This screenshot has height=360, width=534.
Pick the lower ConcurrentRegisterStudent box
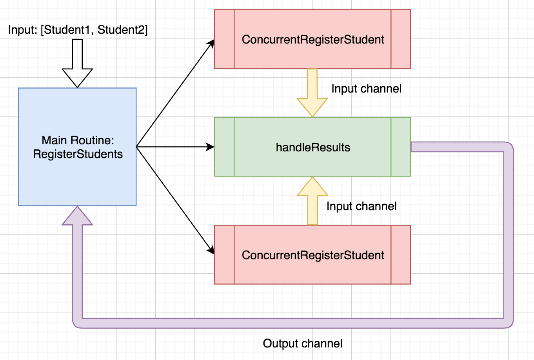pyautogui.click(x=312, y=271)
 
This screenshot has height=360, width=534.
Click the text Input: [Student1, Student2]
pyautogui.click(x=78, y=30)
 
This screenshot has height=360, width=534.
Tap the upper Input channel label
pyautogui.click(x=366, y=89)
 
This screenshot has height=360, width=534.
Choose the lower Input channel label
pyautogui.click(x=361, y=206)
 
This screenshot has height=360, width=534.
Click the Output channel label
pyautogui.click(x=303, y=344)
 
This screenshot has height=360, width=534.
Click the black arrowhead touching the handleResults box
pyautogui.click(x=210, y=147)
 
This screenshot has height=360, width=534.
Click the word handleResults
pyautogui.click(x=313, y=147)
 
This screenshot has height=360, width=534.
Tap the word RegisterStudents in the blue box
pyautogui.click(x=78, y=154)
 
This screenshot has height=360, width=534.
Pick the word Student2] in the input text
pyautogui.click(x=122, y=30)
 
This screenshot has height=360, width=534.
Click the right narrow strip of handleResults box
pyautogui.click(x=401, y=147)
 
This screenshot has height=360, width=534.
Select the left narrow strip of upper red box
pyautogui.click(x=224, y=39)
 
